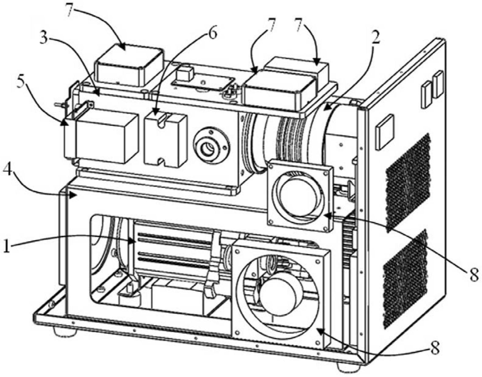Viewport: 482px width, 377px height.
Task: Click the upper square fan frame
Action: point(299,194)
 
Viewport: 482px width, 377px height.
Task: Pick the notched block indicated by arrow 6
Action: point(166,140)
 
